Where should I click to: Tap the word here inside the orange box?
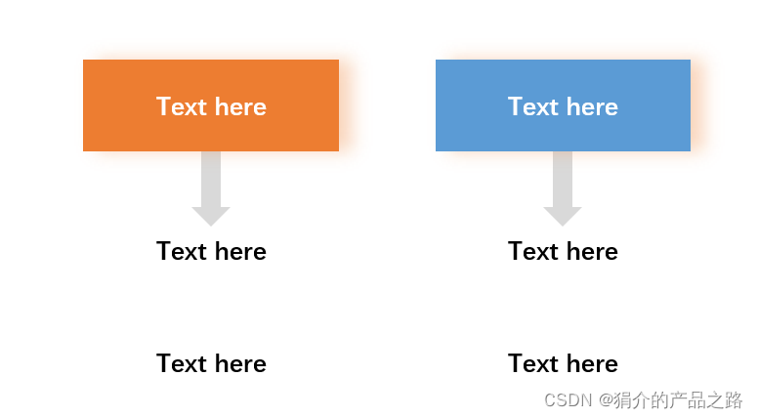coord(240,106)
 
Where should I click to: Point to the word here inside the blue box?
coord(592,106)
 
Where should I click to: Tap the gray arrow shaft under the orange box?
coord(211,179)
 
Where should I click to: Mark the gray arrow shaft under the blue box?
coord(563,179)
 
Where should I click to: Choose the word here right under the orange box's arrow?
coord(240,252)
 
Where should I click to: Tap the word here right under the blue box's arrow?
coord(592,252)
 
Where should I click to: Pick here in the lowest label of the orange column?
coord(240,364)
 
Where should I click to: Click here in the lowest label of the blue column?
coord(592,364)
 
